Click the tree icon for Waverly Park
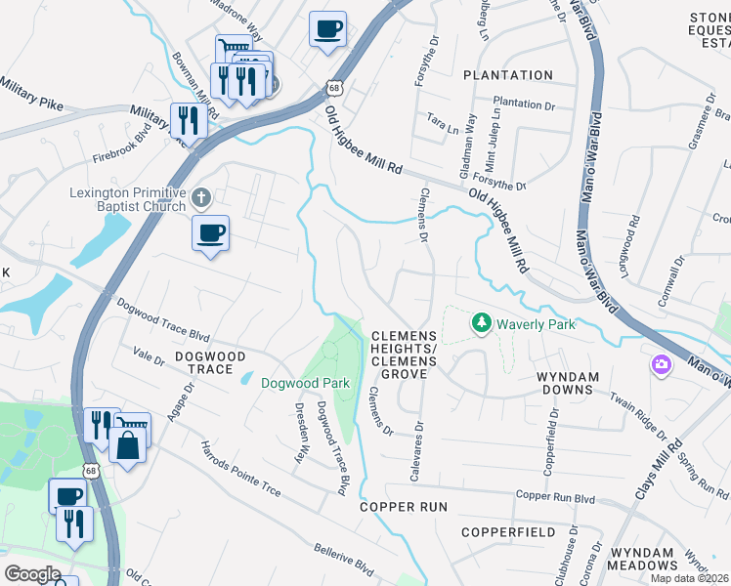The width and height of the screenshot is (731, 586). [480, 322]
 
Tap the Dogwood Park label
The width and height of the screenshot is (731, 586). [305, 384]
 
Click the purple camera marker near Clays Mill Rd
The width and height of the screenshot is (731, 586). [662, 364]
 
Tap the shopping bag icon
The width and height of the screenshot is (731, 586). [128, 446]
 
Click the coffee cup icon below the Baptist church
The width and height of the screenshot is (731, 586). [210, 233]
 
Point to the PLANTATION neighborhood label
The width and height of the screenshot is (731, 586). [507, 75]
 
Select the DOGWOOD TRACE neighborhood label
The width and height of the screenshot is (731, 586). [203, 362]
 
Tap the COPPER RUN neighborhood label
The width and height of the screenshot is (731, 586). [403, 507]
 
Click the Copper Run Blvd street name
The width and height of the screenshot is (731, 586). [555, 497]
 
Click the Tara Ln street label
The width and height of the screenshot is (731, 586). [436, 117]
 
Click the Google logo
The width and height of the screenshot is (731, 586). [31, 574]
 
